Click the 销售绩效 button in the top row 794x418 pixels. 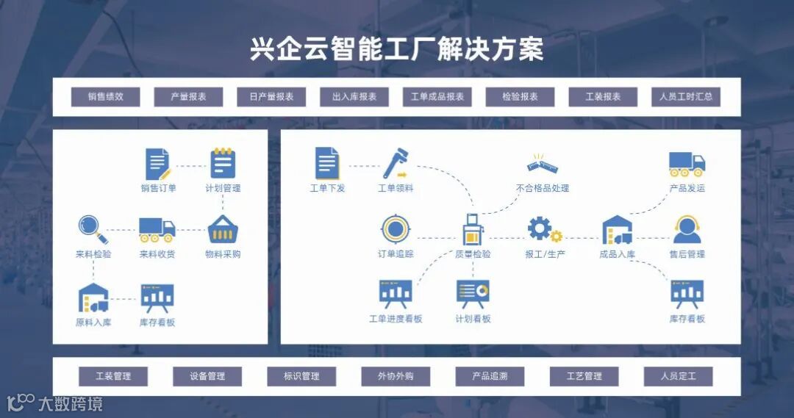[105, 97]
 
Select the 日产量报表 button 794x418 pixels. [271, 97]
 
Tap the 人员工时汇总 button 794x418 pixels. [686, 97]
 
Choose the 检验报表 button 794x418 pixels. [520, 97]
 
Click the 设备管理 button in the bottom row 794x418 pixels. [207, 376]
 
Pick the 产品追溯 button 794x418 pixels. [490, 376]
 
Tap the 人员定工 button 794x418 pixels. [678, 376]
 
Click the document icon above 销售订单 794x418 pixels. [158, 164]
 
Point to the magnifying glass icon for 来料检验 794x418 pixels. [93, 229]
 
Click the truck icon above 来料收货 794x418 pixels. [157, 229]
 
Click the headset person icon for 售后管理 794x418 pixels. [687, 230]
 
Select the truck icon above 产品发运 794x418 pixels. [687, 165]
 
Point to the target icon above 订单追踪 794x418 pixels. [395, 229]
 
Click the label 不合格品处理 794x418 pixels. [543, 189]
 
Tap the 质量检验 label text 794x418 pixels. [473, 255]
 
